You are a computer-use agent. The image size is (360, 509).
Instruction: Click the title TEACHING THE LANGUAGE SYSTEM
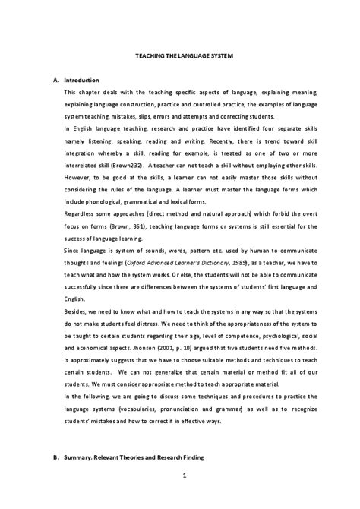click(x=179, y=56)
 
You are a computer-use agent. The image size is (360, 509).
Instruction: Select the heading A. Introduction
click(x=76, y=79)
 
